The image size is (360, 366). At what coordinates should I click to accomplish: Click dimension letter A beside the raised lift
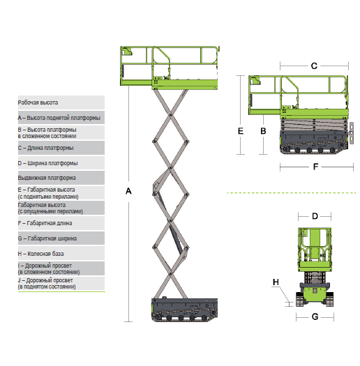click(x=128, y=191)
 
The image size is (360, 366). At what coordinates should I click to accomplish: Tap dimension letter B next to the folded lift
click(x=263, y=131)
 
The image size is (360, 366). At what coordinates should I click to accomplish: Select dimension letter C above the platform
click(x=314, y=66)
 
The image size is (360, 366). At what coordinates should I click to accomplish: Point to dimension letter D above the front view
click(x=315, y=216)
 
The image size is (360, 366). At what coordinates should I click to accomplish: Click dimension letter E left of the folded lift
click(x=241, y=131)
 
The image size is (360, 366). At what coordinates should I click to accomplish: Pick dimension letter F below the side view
click(x=315, y=167)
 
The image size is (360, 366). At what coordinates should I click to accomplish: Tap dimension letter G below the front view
click(x=315, y=317)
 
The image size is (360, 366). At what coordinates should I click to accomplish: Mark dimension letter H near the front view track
click(x=276, y=282)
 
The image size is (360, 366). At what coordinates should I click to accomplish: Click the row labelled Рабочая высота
click(x=61, y=102)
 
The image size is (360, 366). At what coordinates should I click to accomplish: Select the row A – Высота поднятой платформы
click(x=61, y=118)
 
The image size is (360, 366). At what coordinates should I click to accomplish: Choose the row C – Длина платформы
click(x=61, y=148)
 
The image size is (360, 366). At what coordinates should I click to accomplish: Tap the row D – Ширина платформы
click(x=61, y=163)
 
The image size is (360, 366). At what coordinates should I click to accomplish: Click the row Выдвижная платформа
click(x=61, y=178)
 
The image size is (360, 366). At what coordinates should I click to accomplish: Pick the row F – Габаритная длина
click(x=61, y=223)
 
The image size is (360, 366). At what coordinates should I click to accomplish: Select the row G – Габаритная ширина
click(x=61, y=238)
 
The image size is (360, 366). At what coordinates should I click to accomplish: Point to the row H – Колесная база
click(x=61, y=254)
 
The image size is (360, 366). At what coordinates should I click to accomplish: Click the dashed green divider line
click(x=292, y=193)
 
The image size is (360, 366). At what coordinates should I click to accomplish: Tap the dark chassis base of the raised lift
click(x=185, y=310)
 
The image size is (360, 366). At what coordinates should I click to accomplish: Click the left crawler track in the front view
click(x=299, y=299)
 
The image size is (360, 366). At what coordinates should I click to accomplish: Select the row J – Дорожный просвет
click(x=61, y=283)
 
